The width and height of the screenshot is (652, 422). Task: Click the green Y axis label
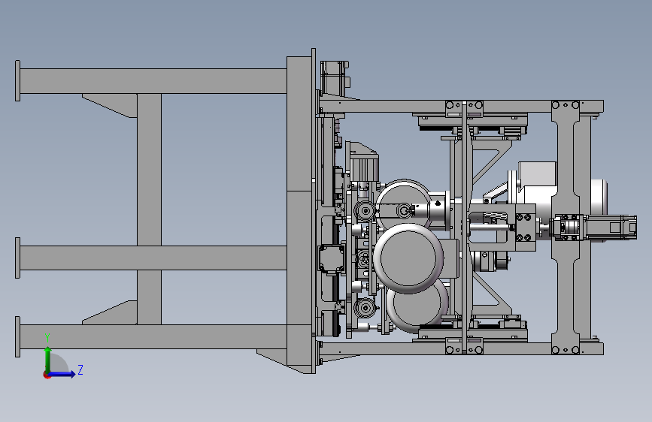[47, 338]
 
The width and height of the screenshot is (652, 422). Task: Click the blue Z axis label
[80, 369]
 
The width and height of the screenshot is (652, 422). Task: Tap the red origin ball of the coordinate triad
[47, 375]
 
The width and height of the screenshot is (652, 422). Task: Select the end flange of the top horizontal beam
[17, 80]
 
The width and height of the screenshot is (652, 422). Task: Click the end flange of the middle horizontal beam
[17, 258]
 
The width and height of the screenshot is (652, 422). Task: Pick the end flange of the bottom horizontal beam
[17, 336]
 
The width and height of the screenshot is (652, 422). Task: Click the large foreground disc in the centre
[408, 258]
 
